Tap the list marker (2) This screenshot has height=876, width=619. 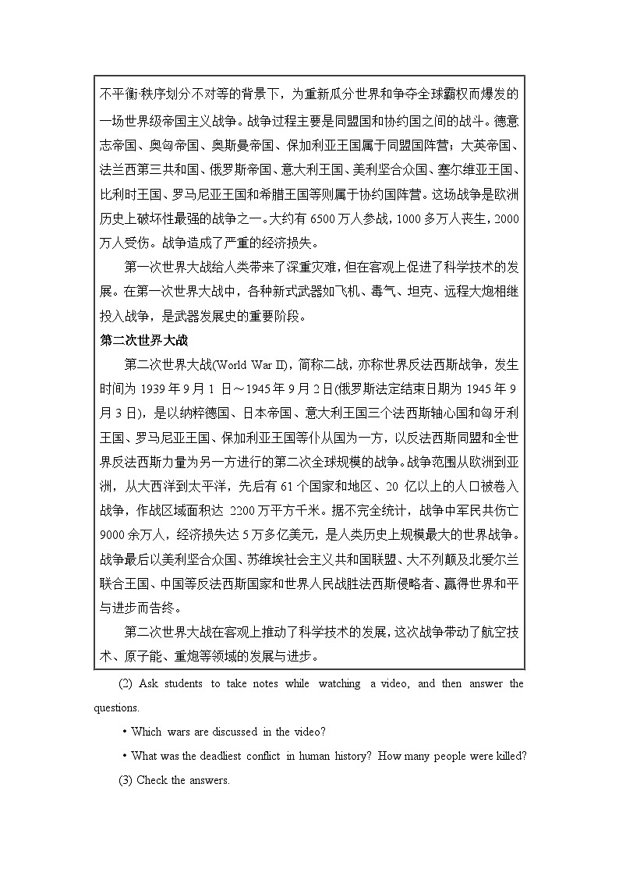(126, 684)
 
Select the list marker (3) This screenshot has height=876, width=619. (126, 780)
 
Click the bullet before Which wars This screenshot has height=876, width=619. (125, 732)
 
